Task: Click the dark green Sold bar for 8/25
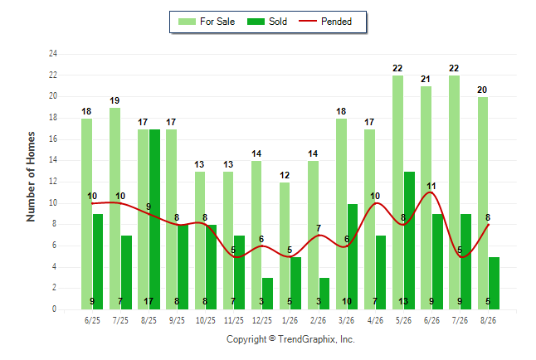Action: pyautogui.click(x=154, y=219)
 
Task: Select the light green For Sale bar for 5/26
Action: pyautogui.click(x=398, y=192)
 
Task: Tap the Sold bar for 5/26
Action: pyautogui.click(x=409, y=241)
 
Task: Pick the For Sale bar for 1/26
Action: pyautogui.click(x=285, y=246)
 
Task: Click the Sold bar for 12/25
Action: pyautogui.click(x=267, y=294)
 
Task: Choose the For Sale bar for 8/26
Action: pyautogui.click(x=483, y=203)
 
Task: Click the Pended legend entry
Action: pyautogui.click(x=325, y=22)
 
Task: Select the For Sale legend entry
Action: pyautogui.click(x=207, y=22)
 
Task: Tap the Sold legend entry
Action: pyautogui.click(x=267, y=22)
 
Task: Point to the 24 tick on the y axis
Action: pyautogui.click(x=53, y=54)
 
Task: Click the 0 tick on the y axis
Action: pyautogui.click(x=55, y=309)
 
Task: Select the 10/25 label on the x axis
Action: pyautogui.click(x=206, y=320)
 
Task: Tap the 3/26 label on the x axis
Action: pyautogui.click(x=346, y=320)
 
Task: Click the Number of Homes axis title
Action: pyautogui.click(x=31, y=177)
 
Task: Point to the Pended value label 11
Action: pyautogui.click(x=431, y=186)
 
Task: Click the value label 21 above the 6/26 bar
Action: pyautogui.click(x=426, y=79)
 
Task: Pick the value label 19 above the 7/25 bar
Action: pyautogui.click(x=115, y=100)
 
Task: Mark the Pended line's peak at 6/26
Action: pyautogui.click(x=431, y=192)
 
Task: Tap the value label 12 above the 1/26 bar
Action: pyautogui.click(x=285, y=175)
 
